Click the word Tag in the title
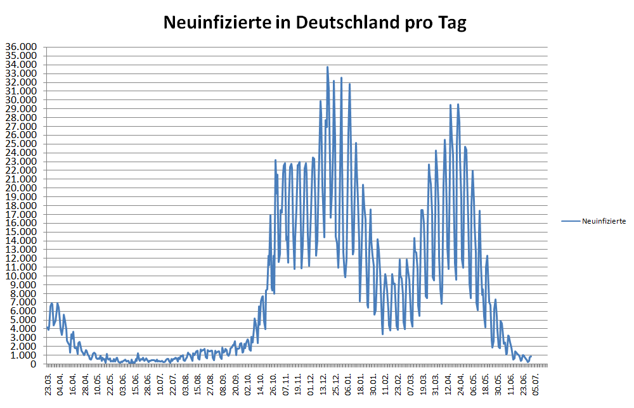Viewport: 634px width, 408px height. point(453,24)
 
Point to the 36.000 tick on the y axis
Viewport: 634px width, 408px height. point(20,47)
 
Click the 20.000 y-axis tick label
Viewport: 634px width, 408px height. point(20,188)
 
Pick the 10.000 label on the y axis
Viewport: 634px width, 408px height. point(20,276)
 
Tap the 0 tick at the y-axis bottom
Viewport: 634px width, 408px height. point(36,364)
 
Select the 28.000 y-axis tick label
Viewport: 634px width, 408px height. point(20,117)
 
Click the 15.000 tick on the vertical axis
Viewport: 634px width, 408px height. point(20,232)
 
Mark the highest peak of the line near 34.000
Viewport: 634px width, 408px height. point(327,67)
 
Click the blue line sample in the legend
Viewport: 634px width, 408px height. point(571,221)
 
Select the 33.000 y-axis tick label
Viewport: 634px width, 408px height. point(20,73)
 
